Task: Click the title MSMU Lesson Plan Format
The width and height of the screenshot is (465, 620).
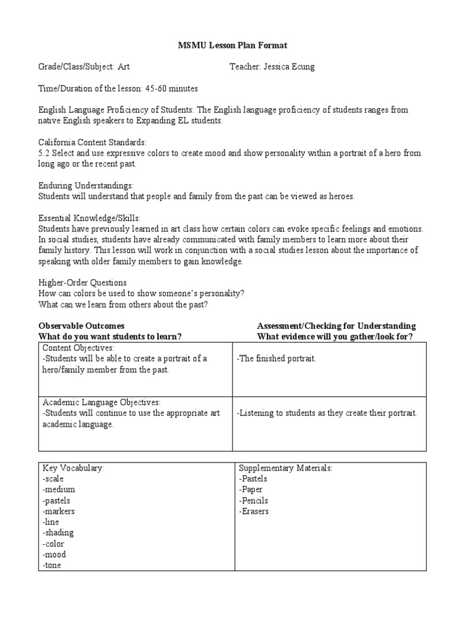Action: click(232, 45)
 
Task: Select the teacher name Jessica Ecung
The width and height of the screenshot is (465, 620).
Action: click(290, 67)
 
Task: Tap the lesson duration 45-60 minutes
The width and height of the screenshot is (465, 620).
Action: click(171, 88)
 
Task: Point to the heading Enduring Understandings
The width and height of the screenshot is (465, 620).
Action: click(86, 185)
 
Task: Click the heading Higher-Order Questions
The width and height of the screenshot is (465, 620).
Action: click(82, 283)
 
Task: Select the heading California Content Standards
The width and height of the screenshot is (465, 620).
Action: click(92, 142)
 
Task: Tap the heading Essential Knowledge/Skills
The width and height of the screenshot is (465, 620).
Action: click(90, 218)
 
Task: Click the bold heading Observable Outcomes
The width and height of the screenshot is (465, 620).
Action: click(82, 326)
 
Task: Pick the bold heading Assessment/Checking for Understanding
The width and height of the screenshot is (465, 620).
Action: click(336, 326)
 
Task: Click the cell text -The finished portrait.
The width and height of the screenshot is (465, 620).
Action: click(276, 358)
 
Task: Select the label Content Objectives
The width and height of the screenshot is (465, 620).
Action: click(78, 348)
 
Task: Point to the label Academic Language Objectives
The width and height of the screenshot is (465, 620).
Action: click(101, 402)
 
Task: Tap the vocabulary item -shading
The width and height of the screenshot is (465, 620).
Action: click(58, 533)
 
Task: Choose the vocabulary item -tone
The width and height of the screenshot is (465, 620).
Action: click(52, 566)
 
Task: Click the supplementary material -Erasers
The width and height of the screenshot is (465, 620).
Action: click(254, 512)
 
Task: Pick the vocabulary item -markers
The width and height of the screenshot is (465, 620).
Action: click(59, 512)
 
